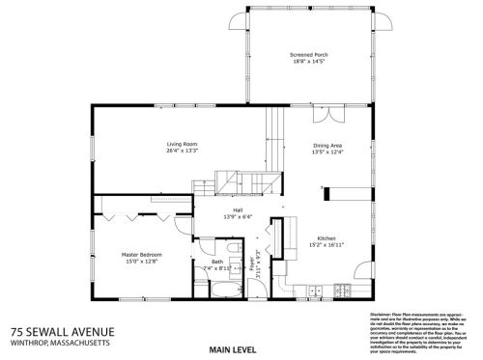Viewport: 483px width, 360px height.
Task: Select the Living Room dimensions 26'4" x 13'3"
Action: click(x=182, y=152)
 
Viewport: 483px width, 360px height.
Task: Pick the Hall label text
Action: click(x=237, y=209)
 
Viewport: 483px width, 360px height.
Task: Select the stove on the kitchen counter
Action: click(x=341, y=291)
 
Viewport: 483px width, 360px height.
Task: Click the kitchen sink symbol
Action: click(x=314, y=291)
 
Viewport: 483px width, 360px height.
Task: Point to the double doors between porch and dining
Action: click(x=330, y=116)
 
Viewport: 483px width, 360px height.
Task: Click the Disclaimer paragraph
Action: click(x=419, y=334)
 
